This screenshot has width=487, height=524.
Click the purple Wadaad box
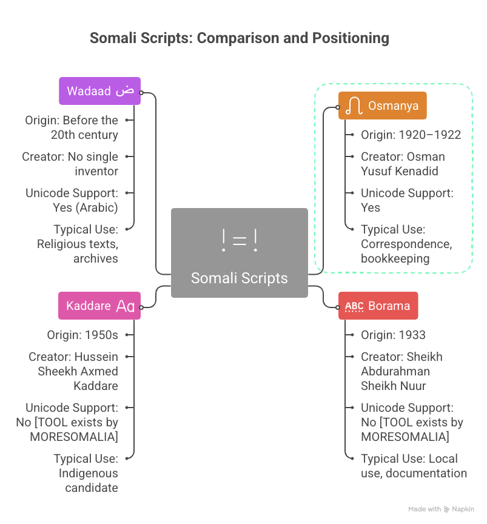99,91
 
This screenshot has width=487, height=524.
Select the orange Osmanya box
382,106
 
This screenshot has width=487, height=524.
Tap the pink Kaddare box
99,306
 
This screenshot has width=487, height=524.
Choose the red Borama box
378,306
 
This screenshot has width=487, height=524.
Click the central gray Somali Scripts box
239,253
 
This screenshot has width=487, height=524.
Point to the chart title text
239,38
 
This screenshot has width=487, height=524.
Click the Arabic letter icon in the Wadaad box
124,91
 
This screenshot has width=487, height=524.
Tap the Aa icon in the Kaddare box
125,306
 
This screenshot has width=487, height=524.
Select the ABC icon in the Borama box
354,306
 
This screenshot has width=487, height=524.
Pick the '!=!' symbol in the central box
239,241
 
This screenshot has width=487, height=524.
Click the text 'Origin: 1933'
393,335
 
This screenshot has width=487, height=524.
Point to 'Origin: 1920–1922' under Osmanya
411,135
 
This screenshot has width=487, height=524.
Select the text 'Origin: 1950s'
82,335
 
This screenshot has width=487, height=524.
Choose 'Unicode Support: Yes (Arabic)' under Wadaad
72,200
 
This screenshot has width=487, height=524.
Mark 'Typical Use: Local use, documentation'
414,466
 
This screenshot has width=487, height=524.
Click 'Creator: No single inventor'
70,164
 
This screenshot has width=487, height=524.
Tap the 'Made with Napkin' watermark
441,509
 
